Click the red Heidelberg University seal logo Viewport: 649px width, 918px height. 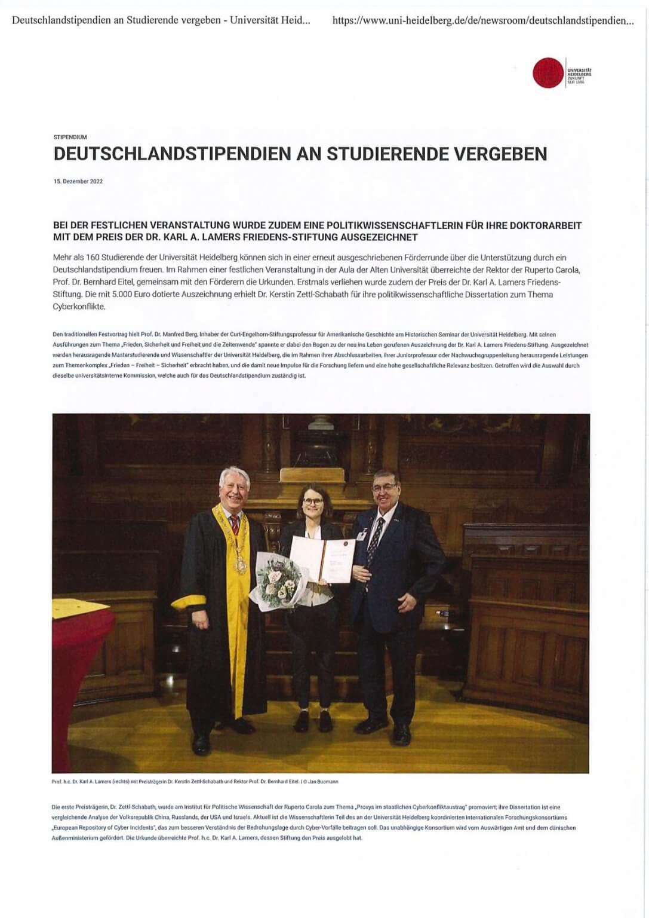(548, 73)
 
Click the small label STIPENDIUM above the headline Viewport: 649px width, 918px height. (70, 137)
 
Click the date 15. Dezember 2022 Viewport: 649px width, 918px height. (78, 181)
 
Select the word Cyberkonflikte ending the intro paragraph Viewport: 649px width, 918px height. (78, 307)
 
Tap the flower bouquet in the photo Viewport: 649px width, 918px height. (276, 579)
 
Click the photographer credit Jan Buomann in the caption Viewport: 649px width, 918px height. (326, 781)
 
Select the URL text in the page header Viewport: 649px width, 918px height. (482, 21)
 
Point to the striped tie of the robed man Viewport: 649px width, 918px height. (235, 526)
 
